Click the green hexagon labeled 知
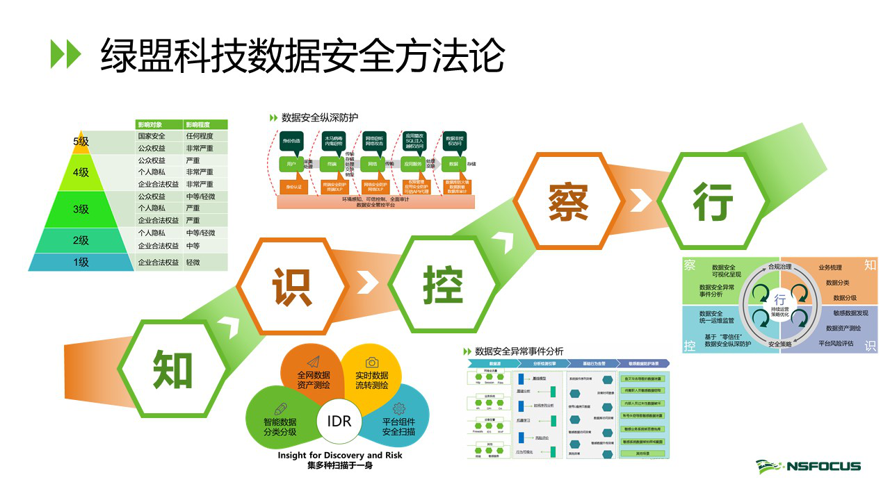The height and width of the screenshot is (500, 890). [x=172, y=368]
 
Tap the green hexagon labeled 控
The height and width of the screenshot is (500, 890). [x=443, y=285]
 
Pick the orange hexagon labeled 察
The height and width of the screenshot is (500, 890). [x=568, y=201]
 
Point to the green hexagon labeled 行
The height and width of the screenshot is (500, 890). [x=712, y=201]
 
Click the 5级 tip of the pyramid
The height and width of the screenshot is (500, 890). [x=81, y=141]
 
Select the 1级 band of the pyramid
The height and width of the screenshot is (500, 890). [x=81, y=262]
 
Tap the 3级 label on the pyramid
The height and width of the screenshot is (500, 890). [x=81, y=209]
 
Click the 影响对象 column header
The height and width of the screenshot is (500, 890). [x=153, y=124]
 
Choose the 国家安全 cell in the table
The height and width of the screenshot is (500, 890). [x=152, y=136]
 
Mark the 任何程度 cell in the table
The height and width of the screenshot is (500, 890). [x=200, y=136]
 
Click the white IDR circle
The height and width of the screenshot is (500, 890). [x=339, y=422]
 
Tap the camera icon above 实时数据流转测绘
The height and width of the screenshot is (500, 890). [x=372, y=362]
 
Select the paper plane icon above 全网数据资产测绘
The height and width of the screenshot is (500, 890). [x=312, y=362]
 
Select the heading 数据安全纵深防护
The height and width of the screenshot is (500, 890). [x=319, y=117]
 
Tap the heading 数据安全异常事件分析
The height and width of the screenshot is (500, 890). [x=519, y=351]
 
